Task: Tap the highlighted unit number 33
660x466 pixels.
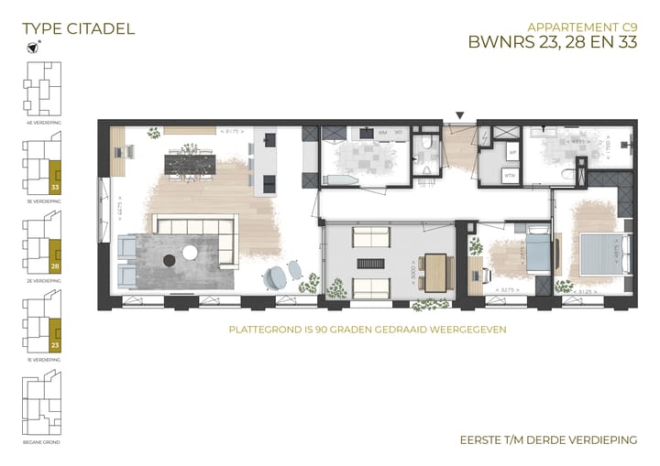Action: (55, 185)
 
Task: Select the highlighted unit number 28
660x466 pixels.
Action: (55, 266)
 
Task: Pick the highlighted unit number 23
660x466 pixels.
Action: (55, 345)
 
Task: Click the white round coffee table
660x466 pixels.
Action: (192, 251)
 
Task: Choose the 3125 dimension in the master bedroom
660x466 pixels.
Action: (593, 290)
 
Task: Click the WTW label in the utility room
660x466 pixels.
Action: (511, 175)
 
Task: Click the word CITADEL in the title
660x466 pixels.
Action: (98, 28)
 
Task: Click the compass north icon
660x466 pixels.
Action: (34, 48)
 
